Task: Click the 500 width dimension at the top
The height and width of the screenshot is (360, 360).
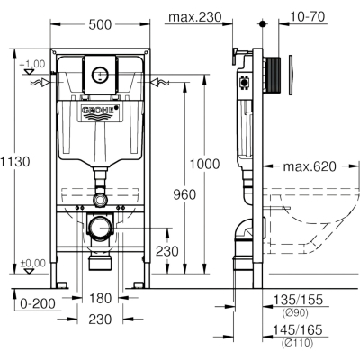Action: pyautogui.click(x=100, y=24)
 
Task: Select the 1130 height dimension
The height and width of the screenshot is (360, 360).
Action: pyautogui.click(x=15, y=162)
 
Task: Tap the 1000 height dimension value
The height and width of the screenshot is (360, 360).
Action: pyautogui.click(x=205, y=165)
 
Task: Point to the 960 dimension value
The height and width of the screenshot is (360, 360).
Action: pyautogui.click(x=184, y=195)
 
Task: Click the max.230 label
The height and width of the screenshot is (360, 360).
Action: pyautogui.click(x=195, y=17)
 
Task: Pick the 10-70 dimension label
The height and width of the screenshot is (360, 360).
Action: pyautogui.click(x=307, y=17)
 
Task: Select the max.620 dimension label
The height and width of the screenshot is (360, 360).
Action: pyautogui.click(x=310, y=166)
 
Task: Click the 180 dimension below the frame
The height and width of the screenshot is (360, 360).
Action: pyautogui.click(x=100, y=299)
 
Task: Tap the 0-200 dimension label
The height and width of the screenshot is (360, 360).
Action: pyautogui.click(x=38, y=303)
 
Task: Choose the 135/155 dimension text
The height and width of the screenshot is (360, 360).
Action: pyautogui.click(x=298, y=300)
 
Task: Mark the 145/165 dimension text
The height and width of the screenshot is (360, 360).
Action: pyautogui.click(x=297, y=330)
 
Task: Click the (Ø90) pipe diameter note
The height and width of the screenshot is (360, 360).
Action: pyautogui.click(x=295, y=313)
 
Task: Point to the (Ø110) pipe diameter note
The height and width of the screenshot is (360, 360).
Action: pyautogui.click(x=297, y=343)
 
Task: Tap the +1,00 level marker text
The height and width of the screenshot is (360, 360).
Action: pyautogui.click(x=32, y=64)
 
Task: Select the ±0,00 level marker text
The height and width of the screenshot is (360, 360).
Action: pyautogui.click(x=32, y=263)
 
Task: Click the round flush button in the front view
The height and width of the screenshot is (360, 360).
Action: pyautogui.click(x=99, y=75)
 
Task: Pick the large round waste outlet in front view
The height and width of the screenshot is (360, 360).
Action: pyautogui.click(x=99, y=228)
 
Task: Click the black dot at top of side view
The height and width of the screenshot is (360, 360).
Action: pyautogui.click(x=263, y=24)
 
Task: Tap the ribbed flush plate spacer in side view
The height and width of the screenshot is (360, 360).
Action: pyautogui.click(x=273, y=75)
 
